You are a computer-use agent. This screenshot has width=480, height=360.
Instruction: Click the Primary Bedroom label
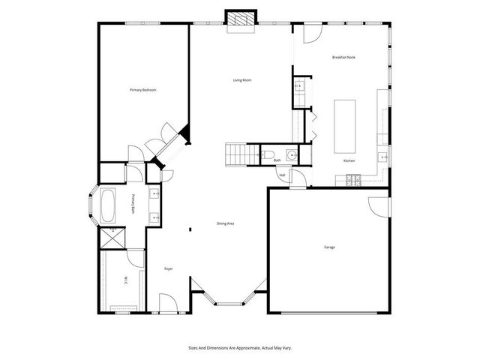(142, 90)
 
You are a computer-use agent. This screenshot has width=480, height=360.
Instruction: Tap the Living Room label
(241, 80)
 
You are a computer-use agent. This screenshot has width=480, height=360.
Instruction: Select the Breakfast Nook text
(343, 58)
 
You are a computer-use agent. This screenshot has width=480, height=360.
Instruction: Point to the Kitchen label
(349, 161)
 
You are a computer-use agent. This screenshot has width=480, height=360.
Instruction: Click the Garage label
(329, 247)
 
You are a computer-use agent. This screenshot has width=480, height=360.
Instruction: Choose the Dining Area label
(226, 224)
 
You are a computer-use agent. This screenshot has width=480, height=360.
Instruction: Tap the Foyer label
(169, 268)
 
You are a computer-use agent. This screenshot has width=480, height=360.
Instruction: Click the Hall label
(282, 175)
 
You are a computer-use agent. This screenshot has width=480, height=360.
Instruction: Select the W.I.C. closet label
(125, 282)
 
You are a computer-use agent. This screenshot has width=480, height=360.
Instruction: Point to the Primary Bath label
(133, 204)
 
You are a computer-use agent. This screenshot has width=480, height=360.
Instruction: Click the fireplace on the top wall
(240, 19)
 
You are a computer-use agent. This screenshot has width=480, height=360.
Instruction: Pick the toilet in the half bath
(267, 156)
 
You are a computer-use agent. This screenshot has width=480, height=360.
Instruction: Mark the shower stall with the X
(114, 238)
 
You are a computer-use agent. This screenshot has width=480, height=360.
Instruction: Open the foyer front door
(169, 304)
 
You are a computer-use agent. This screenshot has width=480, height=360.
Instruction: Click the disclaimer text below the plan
(240, 347)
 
